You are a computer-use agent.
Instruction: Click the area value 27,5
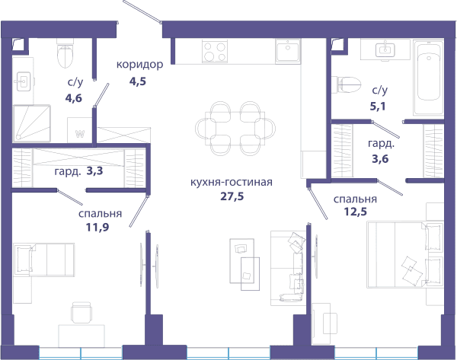click(232, 196)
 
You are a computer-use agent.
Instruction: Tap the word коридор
click(139, 65)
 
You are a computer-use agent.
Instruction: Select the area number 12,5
click(356, 212)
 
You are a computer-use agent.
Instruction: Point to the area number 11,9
click(97, 227)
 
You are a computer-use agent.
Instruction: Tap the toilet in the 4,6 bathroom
click(65, 55)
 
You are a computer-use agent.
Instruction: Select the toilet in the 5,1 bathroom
click(347, 84)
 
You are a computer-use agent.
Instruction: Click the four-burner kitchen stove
click(215, 51)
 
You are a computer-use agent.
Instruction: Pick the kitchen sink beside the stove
click(288, 51)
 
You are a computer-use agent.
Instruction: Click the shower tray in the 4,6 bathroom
click(32, 123)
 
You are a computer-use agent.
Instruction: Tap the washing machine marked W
click(80, 130)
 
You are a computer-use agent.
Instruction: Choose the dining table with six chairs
click(235, 128)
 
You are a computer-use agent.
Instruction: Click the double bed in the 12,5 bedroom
click(405, 254)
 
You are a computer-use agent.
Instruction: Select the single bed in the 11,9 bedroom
click(43, 260)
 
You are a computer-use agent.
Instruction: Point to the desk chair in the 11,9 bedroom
click(81, 313)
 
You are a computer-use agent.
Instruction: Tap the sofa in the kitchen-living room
click(288, 268)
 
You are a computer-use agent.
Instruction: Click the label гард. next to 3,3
click(68, 172)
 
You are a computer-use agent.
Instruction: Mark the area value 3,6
click(380, 159)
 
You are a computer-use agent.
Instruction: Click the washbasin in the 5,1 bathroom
click(385, 49)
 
